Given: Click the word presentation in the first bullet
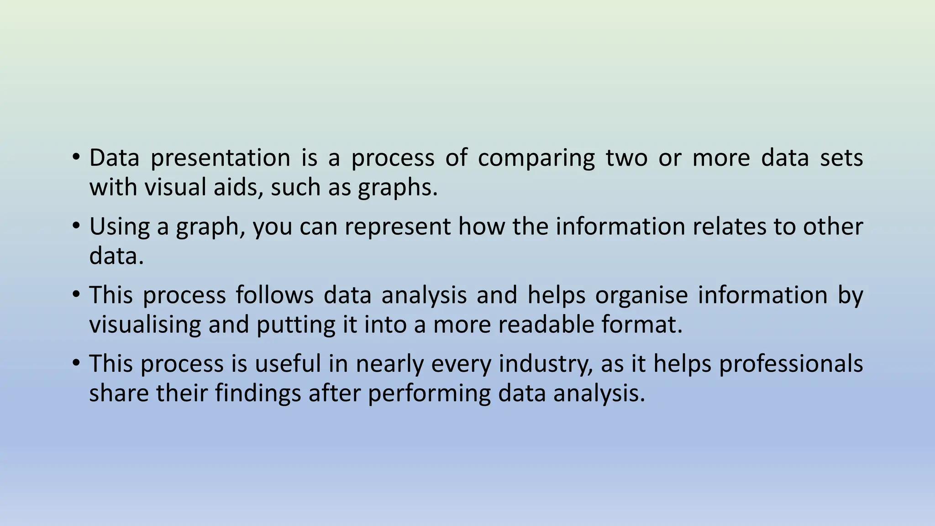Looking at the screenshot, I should (220, 158).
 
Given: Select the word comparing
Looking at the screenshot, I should (536, 158).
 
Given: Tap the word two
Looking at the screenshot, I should (626, 158).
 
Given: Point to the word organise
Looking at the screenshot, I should (641, 295).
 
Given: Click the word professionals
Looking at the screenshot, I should (791, 364).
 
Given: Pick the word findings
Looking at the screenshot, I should (257, 394).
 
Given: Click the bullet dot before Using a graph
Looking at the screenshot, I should (76, 225).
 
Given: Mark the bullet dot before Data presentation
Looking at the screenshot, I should (76, 157).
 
